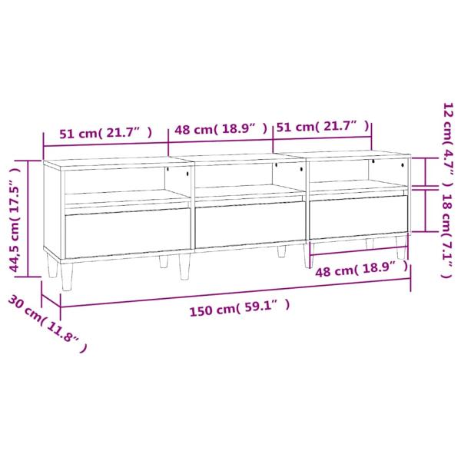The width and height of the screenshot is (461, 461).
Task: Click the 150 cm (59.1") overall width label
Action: point(240,307)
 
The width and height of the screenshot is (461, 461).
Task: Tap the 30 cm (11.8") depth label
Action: point(48,323)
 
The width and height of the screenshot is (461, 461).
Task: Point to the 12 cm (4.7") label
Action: point(448,144)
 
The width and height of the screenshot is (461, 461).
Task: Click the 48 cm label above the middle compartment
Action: point(221,128)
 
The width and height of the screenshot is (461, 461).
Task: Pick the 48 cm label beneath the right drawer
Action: point(362,270)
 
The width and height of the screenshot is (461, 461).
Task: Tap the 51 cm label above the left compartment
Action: point(106,133)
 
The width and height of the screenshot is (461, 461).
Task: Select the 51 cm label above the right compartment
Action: point(323,127)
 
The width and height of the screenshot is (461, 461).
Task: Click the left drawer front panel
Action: point(128,232)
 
